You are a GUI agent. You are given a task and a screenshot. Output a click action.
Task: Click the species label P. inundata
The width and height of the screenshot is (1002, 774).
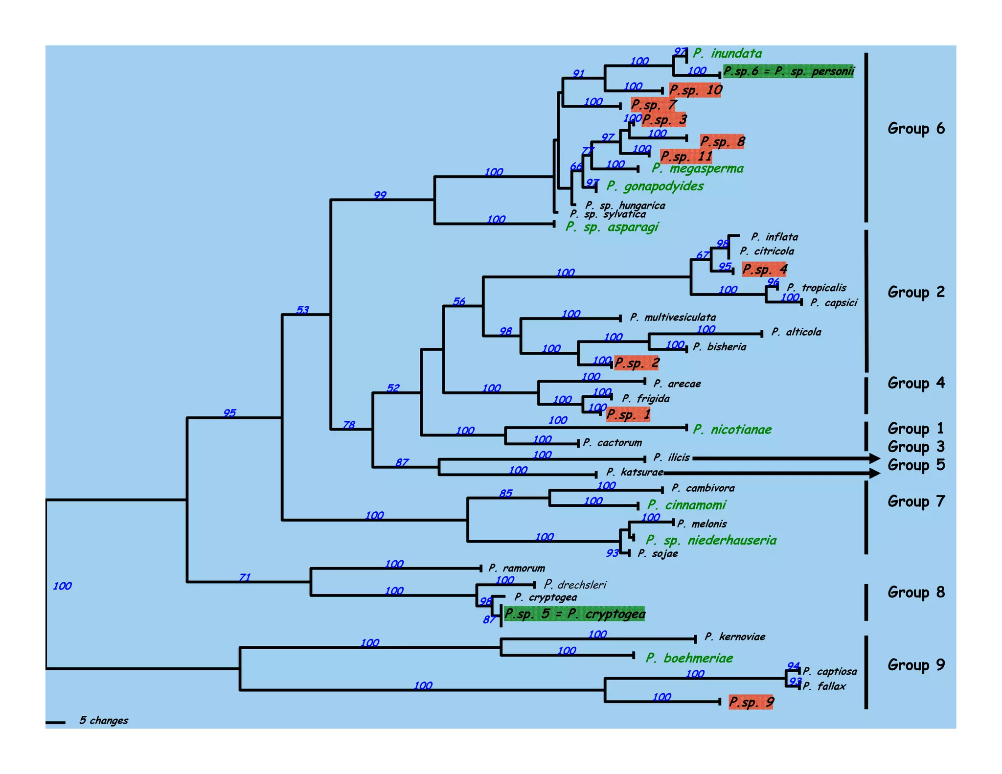(727, 53)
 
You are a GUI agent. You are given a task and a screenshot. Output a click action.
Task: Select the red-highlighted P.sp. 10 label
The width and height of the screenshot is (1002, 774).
(695, 90)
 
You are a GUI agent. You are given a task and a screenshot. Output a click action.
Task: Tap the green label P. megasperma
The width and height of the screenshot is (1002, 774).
(697, 169)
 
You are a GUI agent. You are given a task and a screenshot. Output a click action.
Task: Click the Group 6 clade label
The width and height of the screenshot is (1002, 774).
(916, 129)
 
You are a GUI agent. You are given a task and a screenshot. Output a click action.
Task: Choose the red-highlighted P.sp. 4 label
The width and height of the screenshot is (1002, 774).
(764, 269)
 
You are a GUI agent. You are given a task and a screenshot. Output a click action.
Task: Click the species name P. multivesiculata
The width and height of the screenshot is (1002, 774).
(673, 318)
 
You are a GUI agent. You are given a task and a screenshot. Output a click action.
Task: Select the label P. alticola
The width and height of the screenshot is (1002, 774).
(796, 332)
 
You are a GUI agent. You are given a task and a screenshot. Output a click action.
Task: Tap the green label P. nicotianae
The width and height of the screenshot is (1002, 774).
(732, 430)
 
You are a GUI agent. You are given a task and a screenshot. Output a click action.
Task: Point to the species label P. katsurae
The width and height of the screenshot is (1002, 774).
(635, 472)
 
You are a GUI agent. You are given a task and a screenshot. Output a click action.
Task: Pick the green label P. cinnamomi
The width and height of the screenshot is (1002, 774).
(686, 505)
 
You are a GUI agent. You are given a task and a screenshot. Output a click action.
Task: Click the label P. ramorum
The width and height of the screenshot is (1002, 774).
(516, 569)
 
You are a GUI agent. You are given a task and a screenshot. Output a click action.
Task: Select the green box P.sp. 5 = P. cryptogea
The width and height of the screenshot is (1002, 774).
(574, 614)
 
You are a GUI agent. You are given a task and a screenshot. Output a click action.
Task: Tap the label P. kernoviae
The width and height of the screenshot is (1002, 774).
(735, 637)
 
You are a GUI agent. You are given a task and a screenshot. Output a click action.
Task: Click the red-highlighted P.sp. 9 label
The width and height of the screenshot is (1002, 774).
(751, 703)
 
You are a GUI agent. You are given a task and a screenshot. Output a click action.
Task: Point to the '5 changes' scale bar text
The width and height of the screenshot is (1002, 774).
(104, 721)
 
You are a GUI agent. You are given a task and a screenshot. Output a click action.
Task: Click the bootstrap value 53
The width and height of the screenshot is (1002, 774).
(303, 310)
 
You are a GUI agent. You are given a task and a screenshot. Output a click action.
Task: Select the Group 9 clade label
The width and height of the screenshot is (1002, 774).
(916, 665)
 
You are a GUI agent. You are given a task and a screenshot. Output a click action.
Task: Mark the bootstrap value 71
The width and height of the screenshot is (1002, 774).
(245, 578)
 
